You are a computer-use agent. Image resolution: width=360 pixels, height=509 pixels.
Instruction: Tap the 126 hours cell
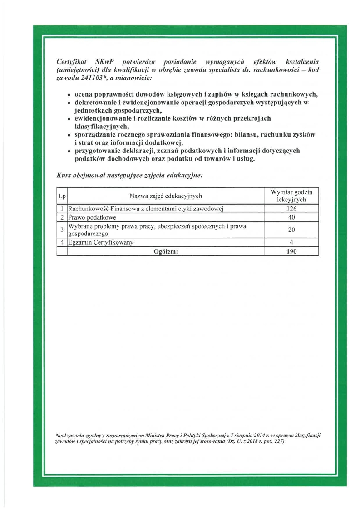coord(291,209)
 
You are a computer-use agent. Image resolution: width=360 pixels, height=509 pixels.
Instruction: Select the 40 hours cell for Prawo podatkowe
coord(291,217)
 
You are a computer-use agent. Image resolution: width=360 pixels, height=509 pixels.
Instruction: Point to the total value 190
coord(291,251)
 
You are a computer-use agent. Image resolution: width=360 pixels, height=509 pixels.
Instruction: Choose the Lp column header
coord(62,196)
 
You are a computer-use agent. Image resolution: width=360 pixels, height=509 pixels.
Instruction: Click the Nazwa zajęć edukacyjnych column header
coord(165,196)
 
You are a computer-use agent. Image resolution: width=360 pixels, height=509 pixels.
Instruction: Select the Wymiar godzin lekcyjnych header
coord(291,196)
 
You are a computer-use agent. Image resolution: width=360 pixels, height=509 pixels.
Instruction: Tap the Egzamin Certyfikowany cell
coord(101,242)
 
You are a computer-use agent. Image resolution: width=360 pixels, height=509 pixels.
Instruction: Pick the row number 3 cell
coord(62,230)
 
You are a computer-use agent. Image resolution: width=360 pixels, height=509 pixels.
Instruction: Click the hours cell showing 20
coord(291,230)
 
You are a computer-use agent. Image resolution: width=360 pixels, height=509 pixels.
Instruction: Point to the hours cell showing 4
coord(291,242)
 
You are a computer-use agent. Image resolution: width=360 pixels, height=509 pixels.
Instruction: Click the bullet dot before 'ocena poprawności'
coord(69,95)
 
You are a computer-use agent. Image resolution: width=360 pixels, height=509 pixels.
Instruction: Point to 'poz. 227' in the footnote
coord(274,441)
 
